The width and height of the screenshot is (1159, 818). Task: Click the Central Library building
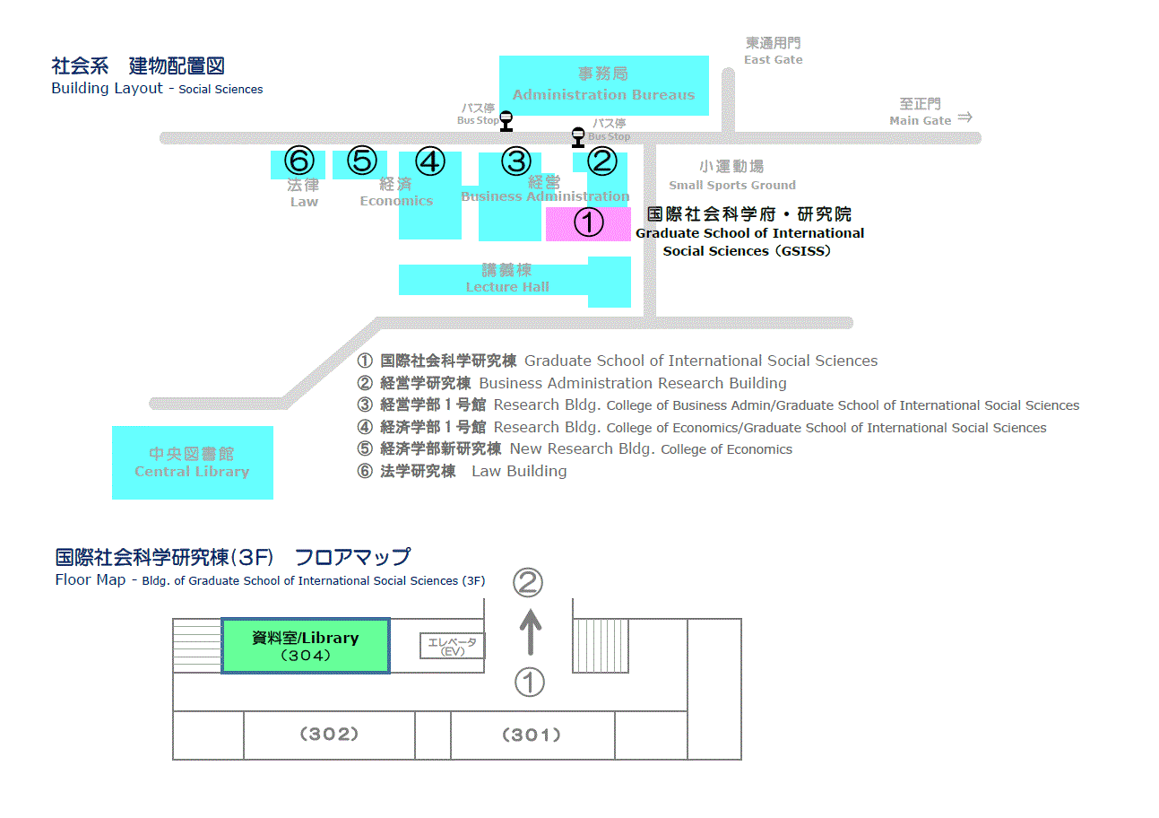(192, 463)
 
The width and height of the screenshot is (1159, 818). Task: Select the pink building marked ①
(588, 223)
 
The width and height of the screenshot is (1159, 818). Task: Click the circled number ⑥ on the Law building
(299, 161)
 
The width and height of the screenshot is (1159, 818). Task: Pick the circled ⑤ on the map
(361, 161)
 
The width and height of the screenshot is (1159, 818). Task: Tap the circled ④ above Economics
(430, 162)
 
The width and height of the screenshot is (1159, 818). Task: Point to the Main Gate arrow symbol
(964, 117)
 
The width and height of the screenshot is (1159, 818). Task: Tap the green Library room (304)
(305, 646)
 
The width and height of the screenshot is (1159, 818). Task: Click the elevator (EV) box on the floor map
(453, 646)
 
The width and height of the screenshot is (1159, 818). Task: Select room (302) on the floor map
(329, 735)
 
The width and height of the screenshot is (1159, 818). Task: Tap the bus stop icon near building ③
(506, 119)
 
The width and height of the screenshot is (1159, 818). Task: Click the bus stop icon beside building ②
(578, 137)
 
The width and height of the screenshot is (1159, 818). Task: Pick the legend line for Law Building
(463, 471)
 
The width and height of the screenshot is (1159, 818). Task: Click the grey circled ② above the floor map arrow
(528, 583)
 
